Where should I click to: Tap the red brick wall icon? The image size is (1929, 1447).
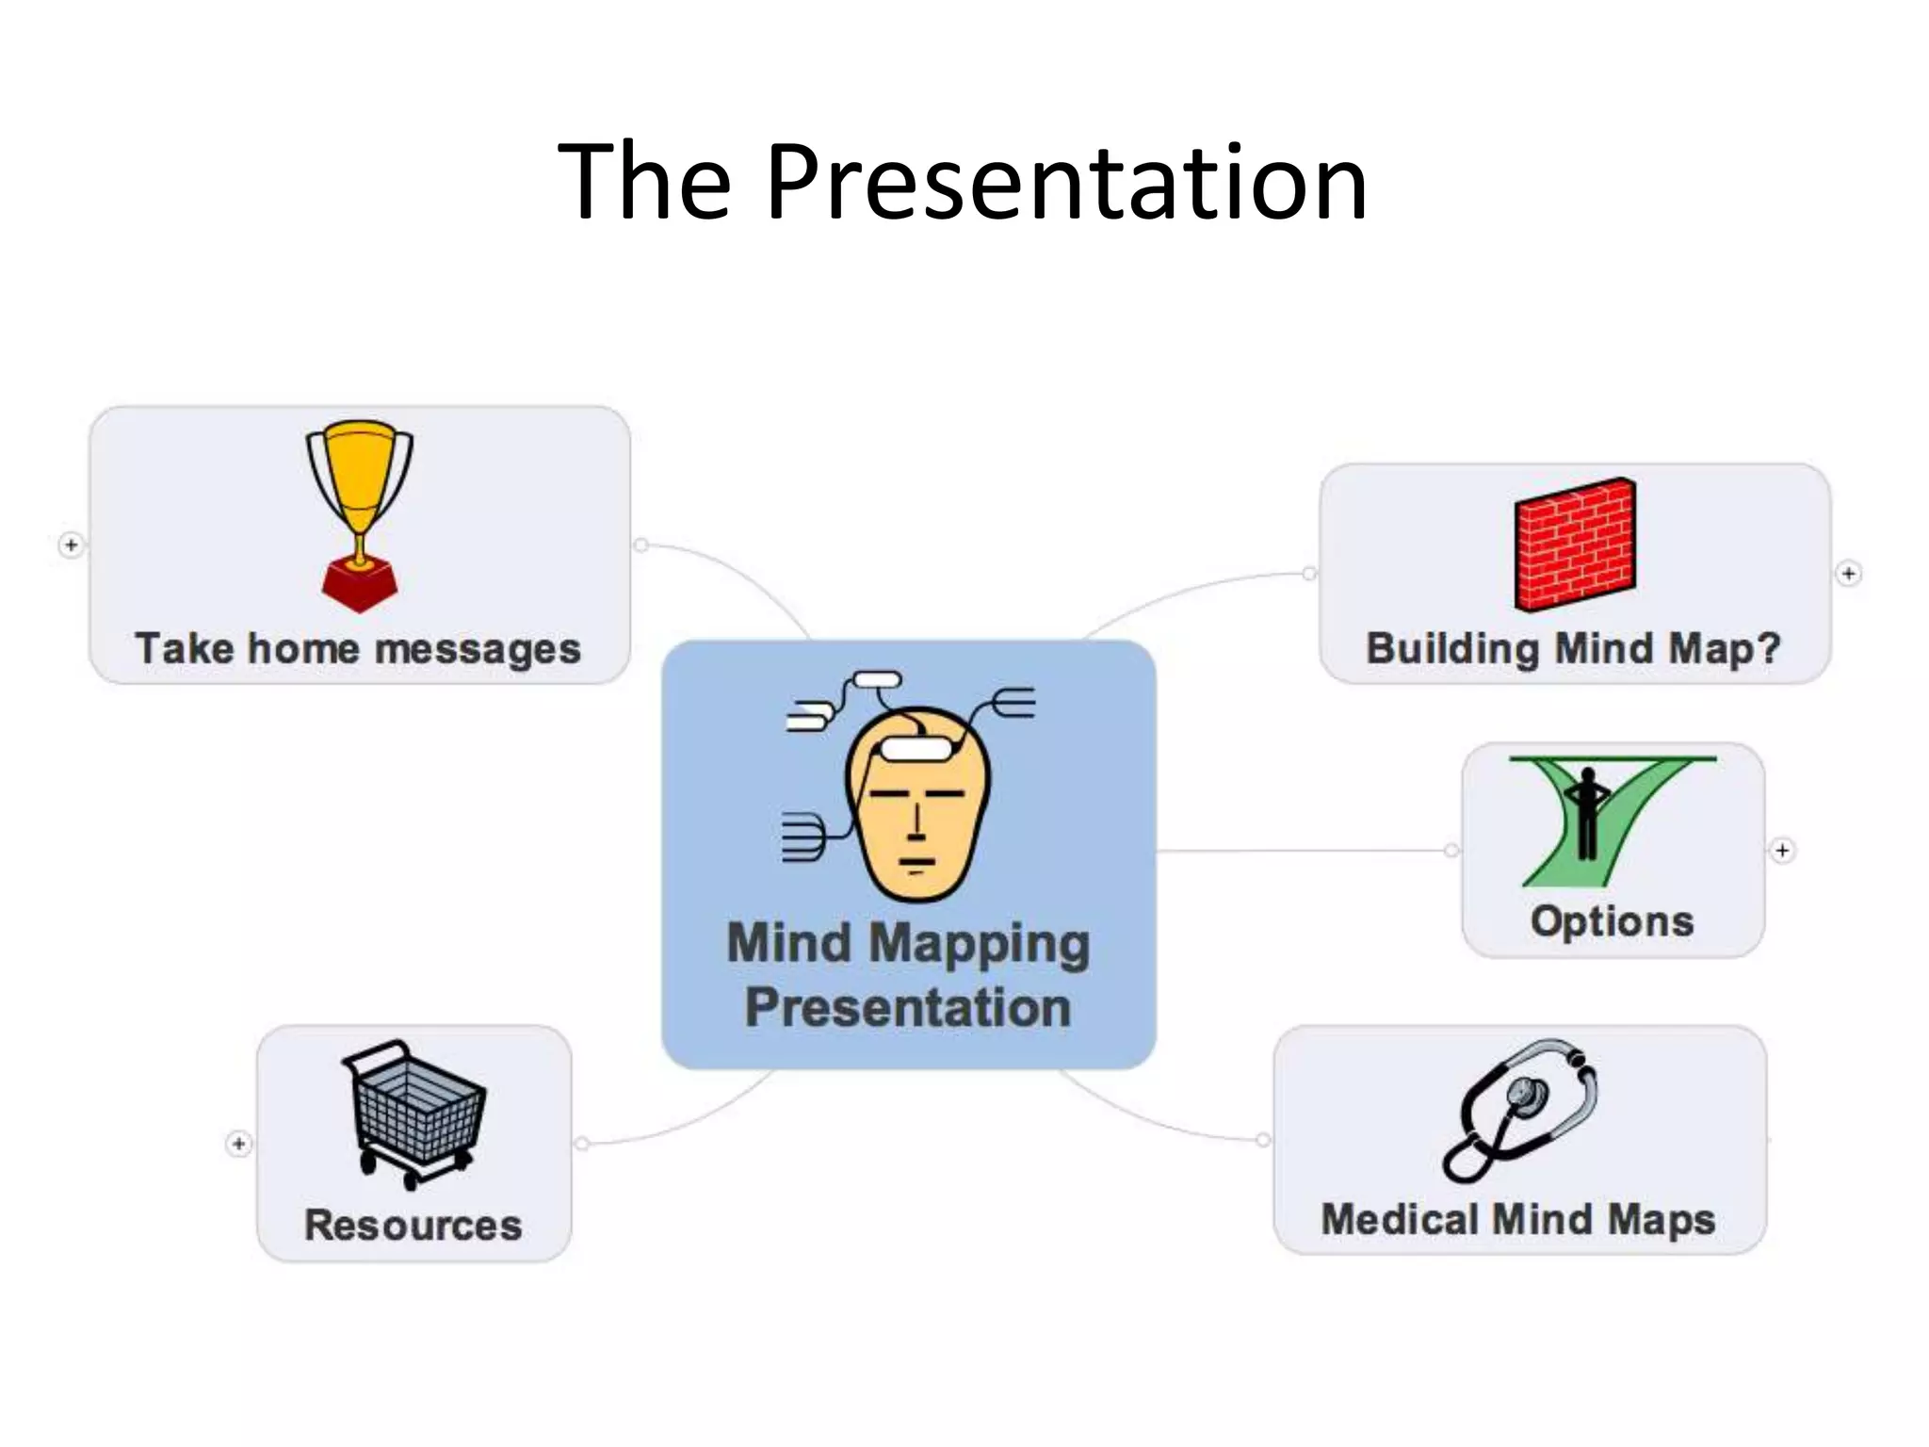[x=1575, y=545]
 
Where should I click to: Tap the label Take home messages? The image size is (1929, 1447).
[x=358, y=649]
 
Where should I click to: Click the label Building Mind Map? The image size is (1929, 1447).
[x=1574, y=649]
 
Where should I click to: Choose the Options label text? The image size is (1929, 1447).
[x=1612, y=921]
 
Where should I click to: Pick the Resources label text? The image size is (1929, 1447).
[x=413, y=1226]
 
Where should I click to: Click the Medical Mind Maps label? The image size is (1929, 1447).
[x=1518, y=1220]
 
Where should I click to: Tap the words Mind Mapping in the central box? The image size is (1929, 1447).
[x=908, y=944]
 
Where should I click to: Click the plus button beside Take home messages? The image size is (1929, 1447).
[x=72, y=545]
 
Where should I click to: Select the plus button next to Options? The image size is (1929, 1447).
[x=1782, y=851]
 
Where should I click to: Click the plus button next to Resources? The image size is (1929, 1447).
[x=239, y=1144]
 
